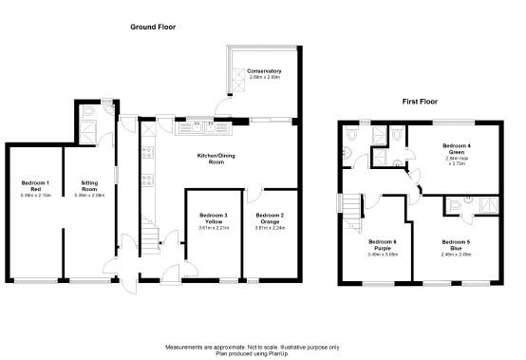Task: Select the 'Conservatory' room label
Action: pos(265,71)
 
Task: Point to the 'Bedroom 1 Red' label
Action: pos(35,185)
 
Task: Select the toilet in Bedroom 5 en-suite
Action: pos(458,203)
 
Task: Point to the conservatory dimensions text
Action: pos(265,78)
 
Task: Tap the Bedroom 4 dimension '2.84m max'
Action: pos(459,160)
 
